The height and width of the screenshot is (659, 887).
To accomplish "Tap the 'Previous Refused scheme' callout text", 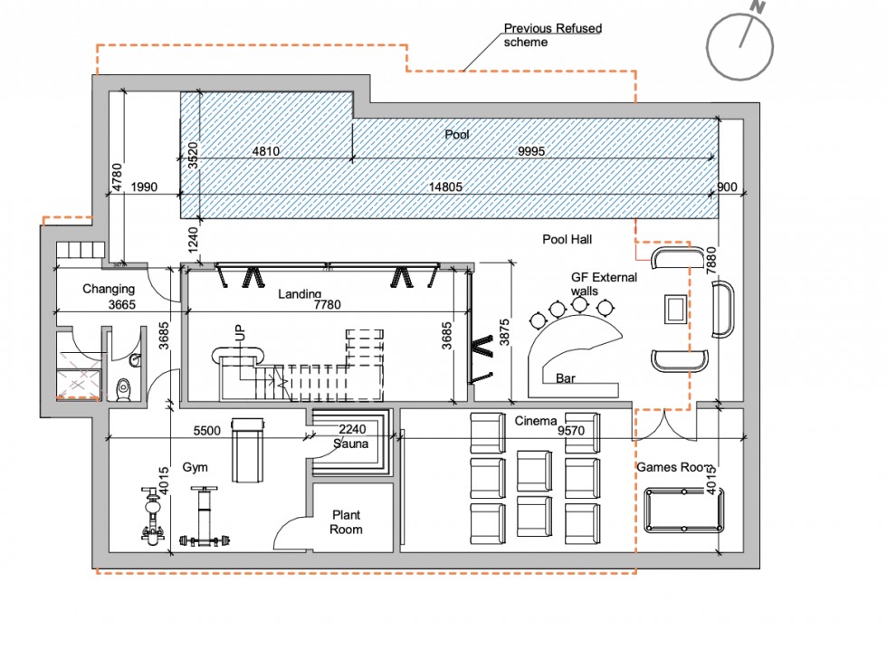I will (x=552, y=35).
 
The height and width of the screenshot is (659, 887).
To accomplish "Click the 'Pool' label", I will (x=457, y=135).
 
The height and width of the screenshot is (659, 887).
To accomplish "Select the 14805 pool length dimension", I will (x=451, y=187).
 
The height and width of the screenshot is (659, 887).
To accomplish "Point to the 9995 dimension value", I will (x=530, y=152).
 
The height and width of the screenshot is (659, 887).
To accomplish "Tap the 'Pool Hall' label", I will (x=567, y=240).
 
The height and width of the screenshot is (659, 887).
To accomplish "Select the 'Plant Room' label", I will (x=346, y=521).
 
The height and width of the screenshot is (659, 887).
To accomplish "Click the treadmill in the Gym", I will (x=248, y=451).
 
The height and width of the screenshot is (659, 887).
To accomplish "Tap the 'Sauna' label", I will (x=350, y=444).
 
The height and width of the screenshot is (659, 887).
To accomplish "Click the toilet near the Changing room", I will (x=125, y=387).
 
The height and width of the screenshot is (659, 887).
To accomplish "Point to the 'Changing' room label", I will (x=109, y=290).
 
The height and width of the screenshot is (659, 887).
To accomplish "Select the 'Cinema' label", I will (x=536, y=422).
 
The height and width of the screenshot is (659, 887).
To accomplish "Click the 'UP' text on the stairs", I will (x=240, y=331).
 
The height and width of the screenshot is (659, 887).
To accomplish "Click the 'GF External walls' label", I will (x=604, y=284).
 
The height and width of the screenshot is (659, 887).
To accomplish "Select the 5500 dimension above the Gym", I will (x=207, y=432).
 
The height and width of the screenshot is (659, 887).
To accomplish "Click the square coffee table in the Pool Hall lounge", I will (x=675, y=309).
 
